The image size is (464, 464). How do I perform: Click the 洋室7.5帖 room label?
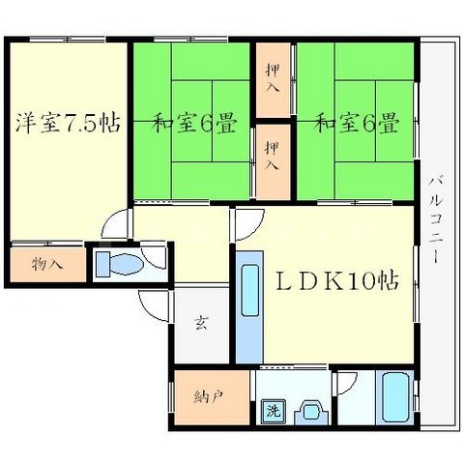(69, 123)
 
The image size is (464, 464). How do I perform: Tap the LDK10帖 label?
(337, 281)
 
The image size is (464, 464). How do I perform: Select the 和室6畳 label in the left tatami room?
(194, 123)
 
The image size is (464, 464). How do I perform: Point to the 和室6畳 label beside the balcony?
(357, 123)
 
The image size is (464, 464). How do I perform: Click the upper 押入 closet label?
(273, 78)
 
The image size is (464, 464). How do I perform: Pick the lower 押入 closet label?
(272, 157)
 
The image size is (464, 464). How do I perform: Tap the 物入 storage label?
(47, 265)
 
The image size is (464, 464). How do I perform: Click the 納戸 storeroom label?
(209, 397)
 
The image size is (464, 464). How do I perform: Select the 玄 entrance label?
(201, 322)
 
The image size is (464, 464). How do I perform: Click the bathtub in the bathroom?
(394, 396)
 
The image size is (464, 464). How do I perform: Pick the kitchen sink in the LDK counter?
(250, 290)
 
